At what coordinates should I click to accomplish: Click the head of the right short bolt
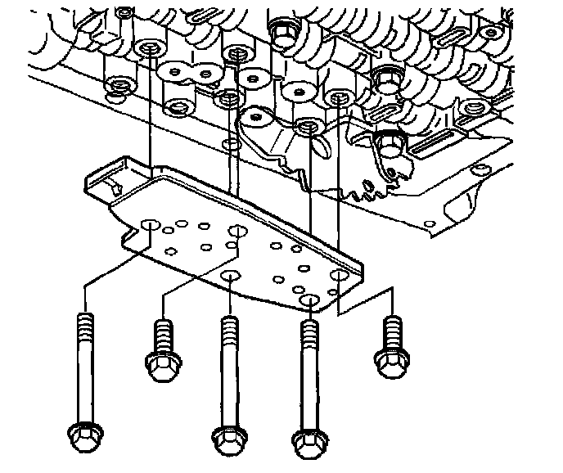[390, 360]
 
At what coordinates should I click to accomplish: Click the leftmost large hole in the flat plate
[150, 224]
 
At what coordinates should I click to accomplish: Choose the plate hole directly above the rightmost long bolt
[309, 301]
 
